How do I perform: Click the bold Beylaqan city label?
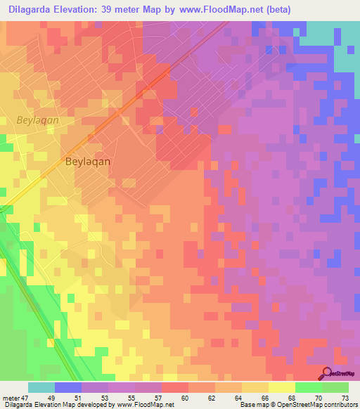click(87, 161)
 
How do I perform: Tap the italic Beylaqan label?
click(37, 120)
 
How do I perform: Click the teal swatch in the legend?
click(41, 387)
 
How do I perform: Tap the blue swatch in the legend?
click(68, 387)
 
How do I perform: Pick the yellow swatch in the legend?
click(281, 387)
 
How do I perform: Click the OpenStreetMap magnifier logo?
click(327, 374)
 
